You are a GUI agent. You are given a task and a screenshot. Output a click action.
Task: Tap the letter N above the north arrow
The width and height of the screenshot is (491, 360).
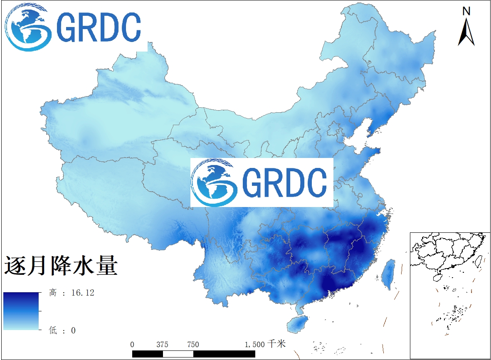[x=466, y=11]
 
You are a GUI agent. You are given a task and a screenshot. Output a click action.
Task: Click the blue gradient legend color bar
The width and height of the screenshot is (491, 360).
[x=21, y=311]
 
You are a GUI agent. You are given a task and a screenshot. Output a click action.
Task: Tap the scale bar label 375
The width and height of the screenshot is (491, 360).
[x=162, y=345]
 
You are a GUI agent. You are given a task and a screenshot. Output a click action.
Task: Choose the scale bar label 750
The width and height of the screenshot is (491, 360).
[x=192, y=345]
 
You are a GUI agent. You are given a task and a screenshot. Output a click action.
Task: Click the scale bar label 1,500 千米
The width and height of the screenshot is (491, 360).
[x=265, y=344]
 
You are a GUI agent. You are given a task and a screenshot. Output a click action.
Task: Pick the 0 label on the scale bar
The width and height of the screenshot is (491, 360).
[x=132, y=345]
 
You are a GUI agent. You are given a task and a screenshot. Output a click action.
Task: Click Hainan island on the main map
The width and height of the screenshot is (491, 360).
[x=297, y=324]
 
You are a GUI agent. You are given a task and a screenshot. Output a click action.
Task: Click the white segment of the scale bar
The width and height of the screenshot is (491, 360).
[x=178, y=354]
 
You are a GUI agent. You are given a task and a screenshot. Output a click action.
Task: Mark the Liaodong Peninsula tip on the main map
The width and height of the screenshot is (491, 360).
[x=369, y=134]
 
